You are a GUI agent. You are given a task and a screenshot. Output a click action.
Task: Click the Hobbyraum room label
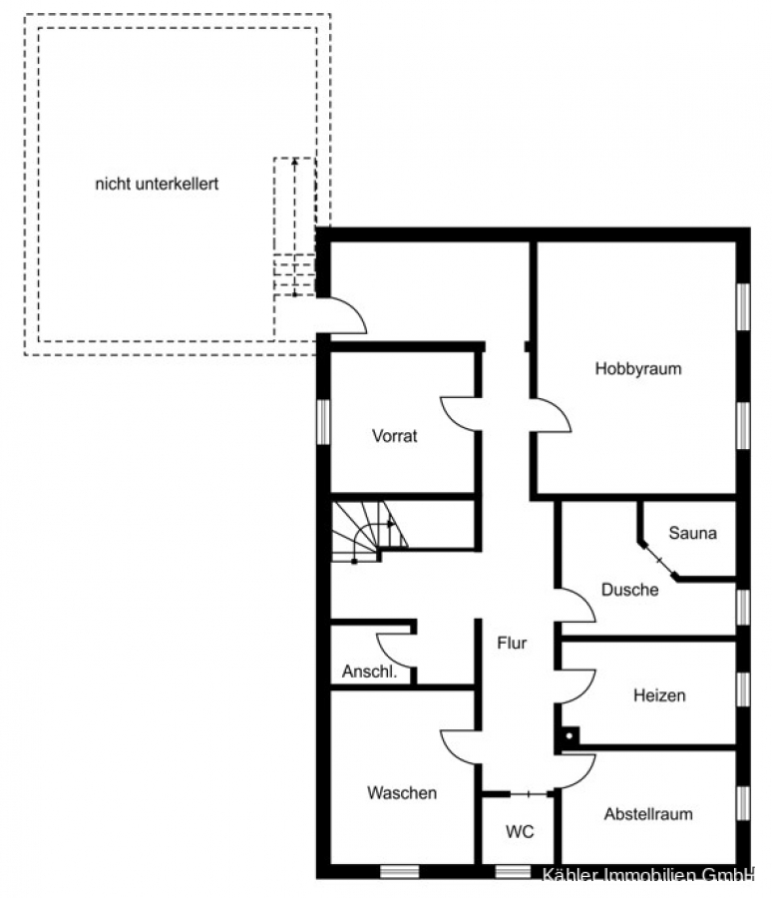pos(638,368)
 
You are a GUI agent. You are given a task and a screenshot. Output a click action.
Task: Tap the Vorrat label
pos(395,436)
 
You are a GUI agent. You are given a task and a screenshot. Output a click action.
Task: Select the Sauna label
pos(692,533)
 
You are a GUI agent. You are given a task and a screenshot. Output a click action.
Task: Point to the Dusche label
pos(629,590)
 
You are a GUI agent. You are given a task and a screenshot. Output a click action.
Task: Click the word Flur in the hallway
pos(512,644)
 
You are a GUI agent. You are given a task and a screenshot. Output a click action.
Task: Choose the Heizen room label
pos(659,695)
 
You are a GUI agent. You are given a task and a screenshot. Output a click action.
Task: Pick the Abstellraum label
pos(648,814)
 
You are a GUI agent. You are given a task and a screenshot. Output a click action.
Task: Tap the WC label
pos(520,831)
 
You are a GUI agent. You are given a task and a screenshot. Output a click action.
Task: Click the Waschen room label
pos(402,792)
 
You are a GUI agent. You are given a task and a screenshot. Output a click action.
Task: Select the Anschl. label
pos(369,672)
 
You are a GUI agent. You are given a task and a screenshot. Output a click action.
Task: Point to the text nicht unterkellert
pos(157,184)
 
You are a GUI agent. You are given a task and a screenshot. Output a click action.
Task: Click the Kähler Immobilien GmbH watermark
pos(647,874)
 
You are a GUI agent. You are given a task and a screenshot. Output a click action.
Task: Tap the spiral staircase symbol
pos(369,532)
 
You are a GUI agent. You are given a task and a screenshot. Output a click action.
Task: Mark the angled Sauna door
pos(658,560)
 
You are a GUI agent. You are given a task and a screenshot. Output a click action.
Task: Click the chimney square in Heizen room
pos(570,736)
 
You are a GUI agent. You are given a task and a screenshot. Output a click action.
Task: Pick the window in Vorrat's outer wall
pos(323,422)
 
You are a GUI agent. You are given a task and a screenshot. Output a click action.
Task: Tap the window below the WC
pos(513,872)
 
